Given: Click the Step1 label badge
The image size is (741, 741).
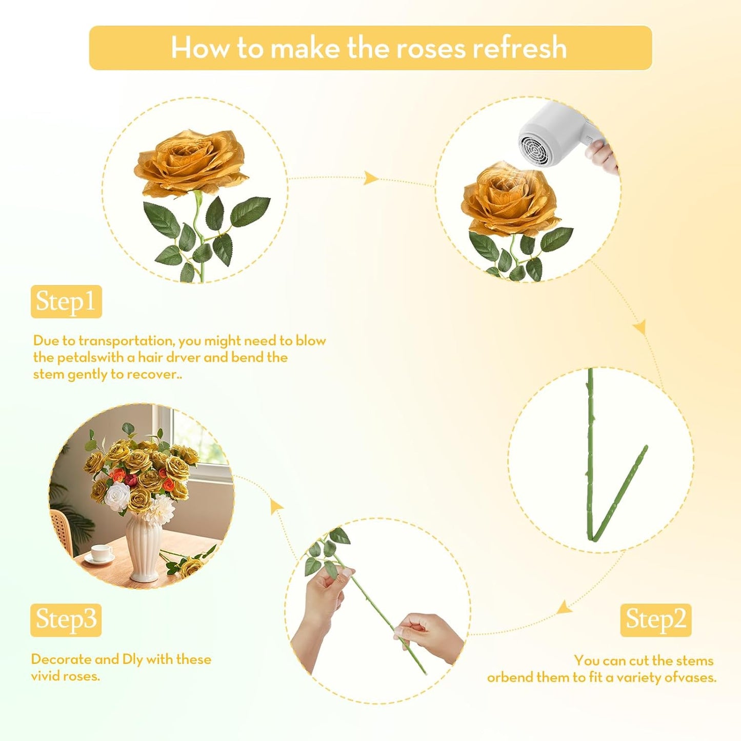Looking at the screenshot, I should point(66,302).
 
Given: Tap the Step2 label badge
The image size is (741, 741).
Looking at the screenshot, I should point(655,619).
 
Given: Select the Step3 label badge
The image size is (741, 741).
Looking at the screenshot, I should point(66,619).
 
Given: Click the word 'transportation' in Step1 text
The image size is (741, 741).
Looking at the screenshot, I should point(127,341).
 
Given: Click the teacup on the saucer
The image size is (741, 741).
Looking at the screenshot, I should point(101,553).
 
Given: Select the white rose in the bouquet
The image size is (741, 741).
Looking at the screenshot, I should point(118,496).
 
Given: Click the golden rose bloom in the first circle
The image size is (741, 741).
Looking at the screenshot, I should point(190,162).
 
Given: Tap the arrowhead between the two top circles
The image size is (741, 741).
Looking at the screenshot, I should point(370,178).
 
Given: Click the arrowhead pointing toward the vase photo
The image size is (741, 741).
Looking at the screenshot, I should point(276,506).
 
